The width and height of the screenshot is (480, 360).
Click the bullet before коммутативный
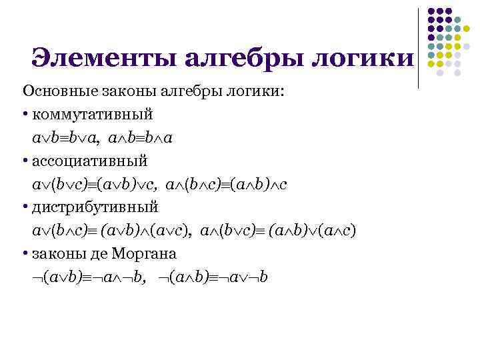tap(24, 114)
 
